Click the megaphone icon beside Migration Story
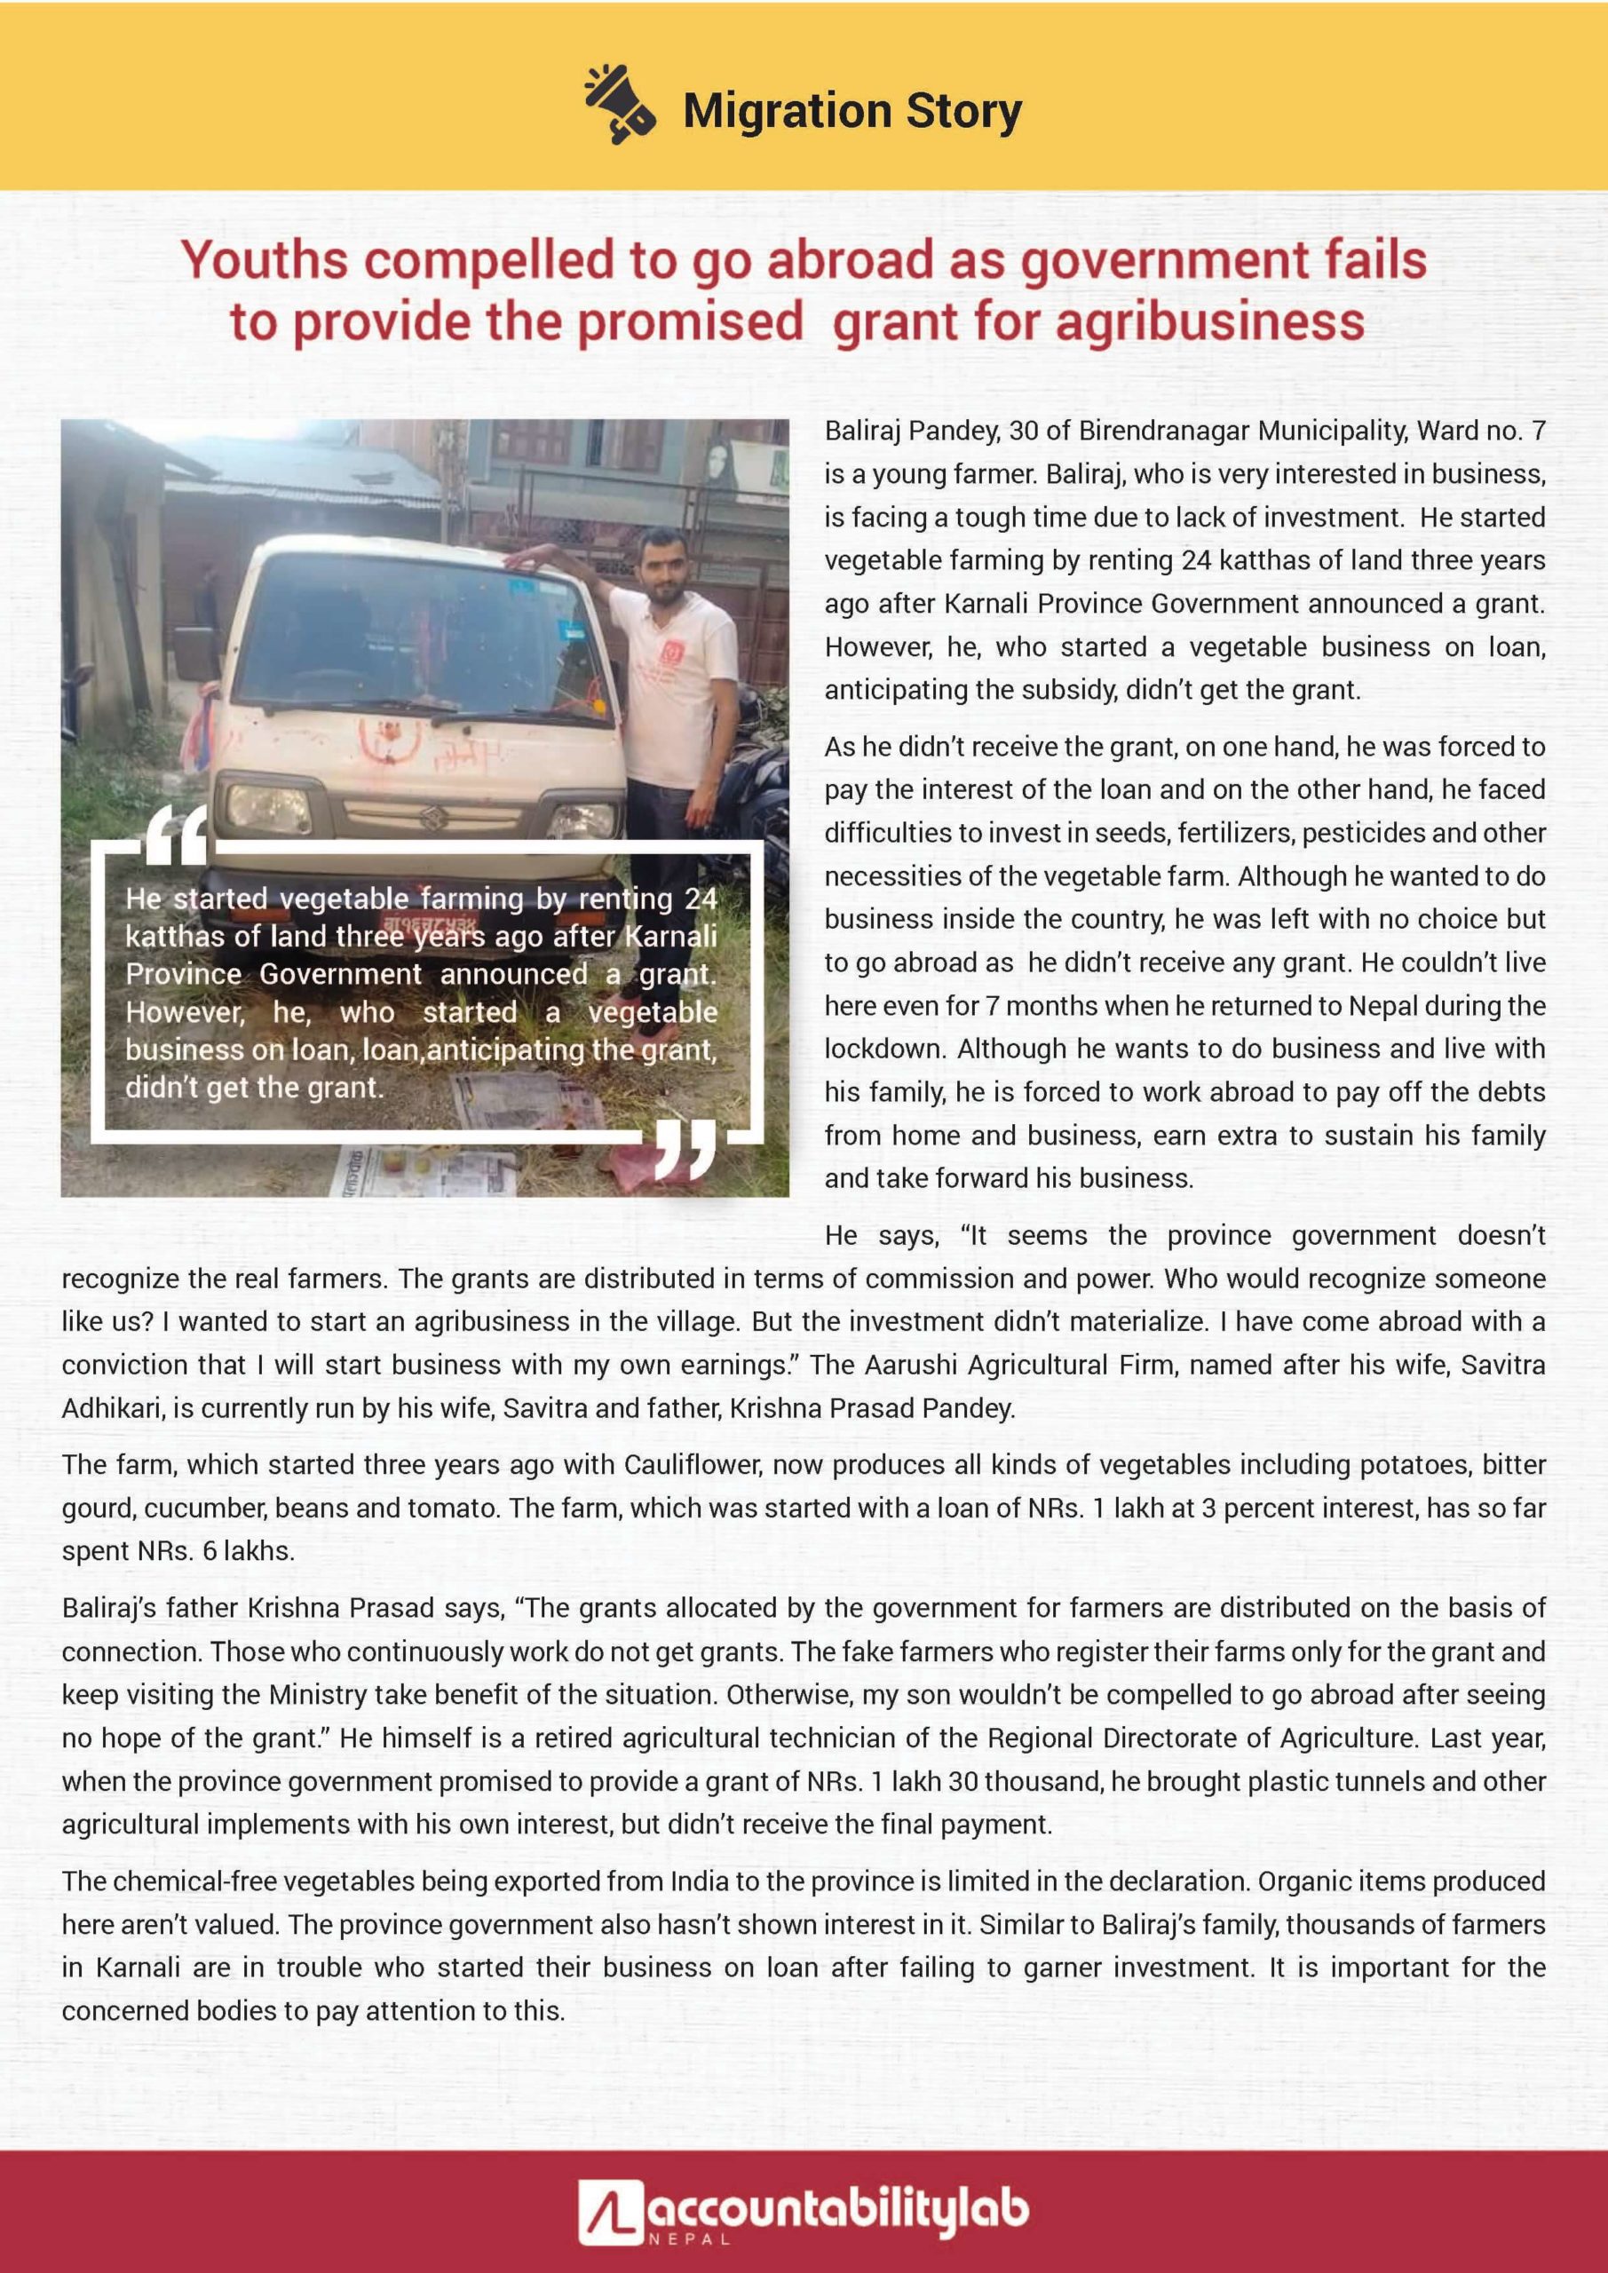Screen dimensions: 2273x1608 pos(619,105)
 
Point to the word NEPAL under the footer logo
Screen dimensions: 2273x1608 pos(690,2239)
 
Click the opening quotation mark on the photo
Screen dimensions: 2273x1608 pos(176,835)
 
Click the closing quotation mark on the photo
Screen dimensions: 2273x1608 pos(685,1152)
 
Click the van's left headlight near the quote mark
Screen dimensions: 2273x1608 pos(269,807)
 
